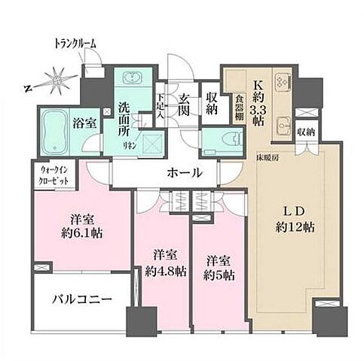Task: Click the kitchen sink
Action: pos(283,124)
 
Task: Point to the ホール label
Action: pos(183,173)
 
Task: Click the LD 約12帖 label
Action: pos(295,218)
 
